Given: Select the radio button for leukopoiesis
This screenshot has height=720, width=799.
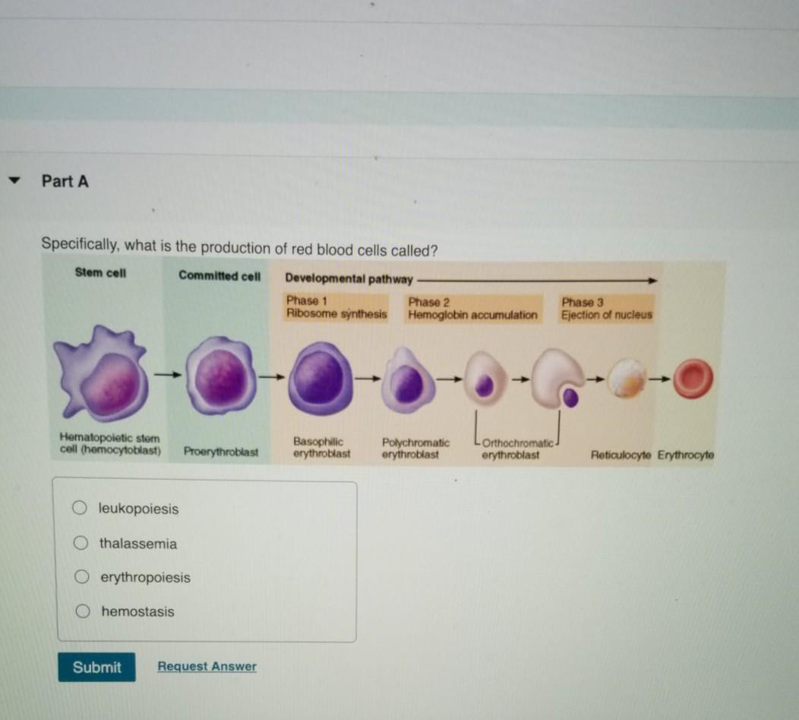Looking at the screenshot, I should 79,509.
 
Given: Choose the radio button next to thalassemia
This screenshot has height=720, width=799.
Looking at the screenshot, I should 80,543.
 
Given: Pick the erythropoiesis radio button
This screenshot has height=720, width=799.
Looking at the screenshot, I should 80,577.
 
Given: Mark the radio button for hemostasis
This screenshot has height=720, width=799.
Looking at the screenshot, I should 82,611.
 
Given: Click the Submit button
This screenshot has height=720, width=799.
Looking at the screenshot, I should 96,667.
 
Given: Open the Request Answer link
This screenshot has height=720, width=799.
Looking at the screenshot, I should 207,667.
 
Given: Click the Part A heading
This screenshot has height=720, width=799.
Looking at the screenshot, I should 65,181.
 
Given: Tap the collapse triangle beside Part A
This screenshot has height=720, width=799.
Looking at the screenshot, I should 13,182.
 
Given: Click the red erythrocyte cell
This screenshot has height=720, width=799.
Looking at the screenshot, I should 693,377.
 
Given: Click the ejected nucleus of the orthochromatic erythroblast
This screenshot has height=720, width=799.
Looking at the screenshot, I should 571,396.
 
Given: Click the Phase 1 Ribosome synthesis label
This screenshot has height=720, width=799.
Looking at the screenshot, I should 336,308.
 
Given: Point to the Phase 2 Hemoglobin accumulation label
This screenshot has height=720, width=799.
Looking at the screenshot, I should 472,309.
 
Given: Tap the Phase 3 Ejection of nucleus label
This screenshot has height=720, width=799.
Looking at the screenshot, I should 606,309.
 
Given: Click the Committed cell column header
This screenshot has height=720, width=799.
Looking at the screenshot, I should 219,275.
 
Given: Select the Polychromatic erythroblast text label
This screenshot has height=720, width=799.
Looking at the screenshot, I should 415,448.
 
